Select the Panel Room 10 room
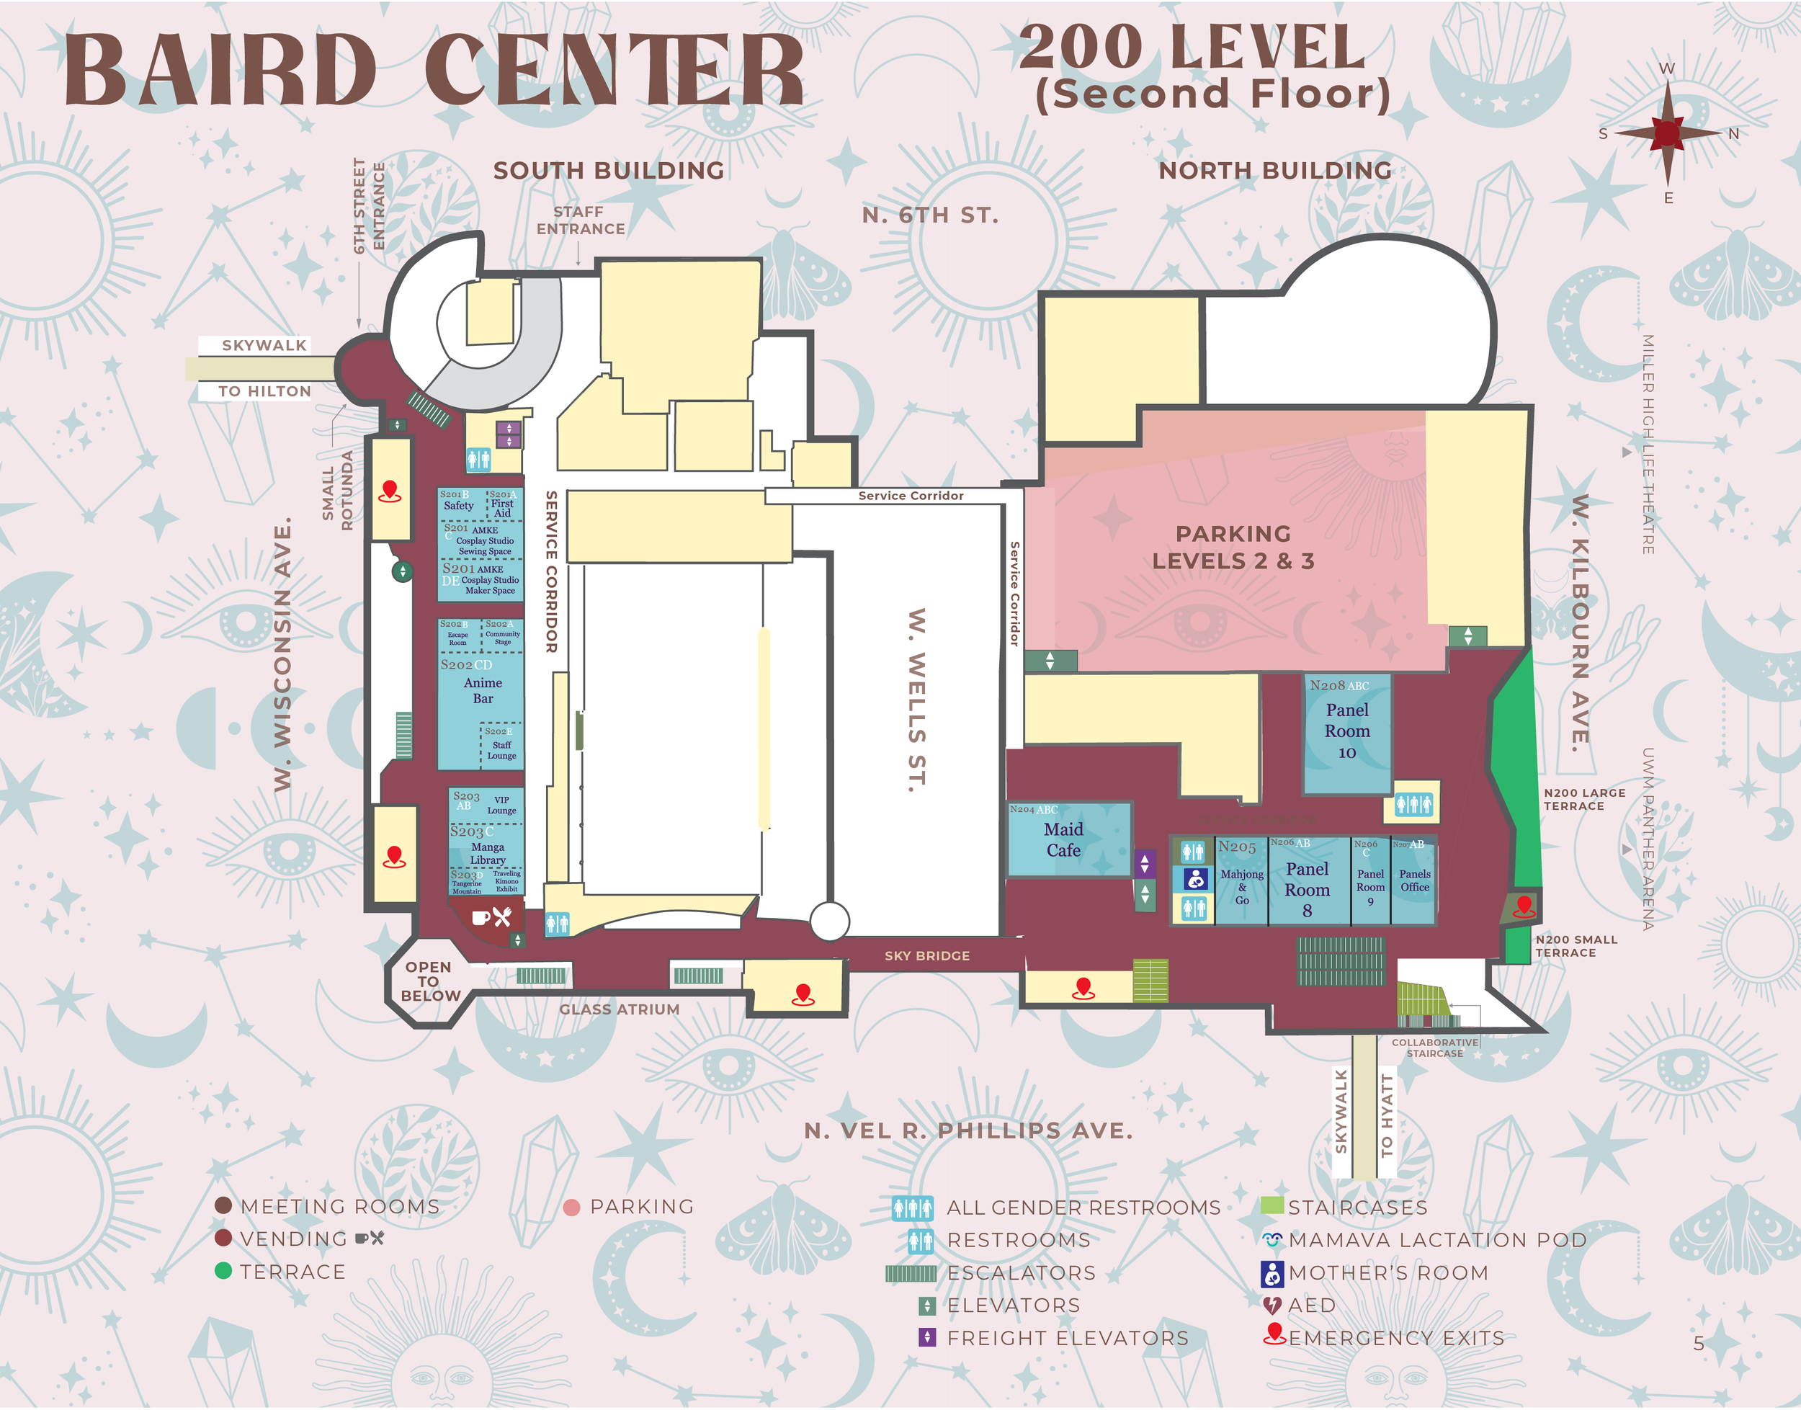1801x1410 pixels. [1346, 731]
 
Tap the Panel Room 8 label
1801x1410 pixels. [1307, 889]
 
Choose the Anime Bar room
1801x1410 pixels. [482, 690]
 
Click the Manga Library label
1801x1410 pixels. [487, 853]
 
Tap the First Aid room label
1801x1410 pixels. [502, 508]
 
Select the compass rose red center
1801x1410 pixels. [1667, 132]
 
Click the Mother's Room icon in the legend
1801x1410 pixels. [1272, 1273]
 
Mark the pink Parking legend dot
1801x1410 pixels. [571, 1207]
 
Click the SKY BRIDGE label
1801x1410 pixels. [927, 955]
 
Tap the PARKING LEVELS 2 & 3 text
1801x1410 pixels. [1233, 548]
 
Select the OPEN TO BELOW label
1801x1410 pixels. [429, 981]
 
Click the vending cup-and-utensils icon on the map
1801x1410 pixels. [493, 916]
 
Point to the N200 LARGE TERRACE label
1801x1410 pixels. [1584, 799]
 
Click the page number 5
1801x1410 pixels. [1698, 1343]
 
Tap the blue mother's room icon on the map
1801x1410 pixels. [1194, 879]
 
